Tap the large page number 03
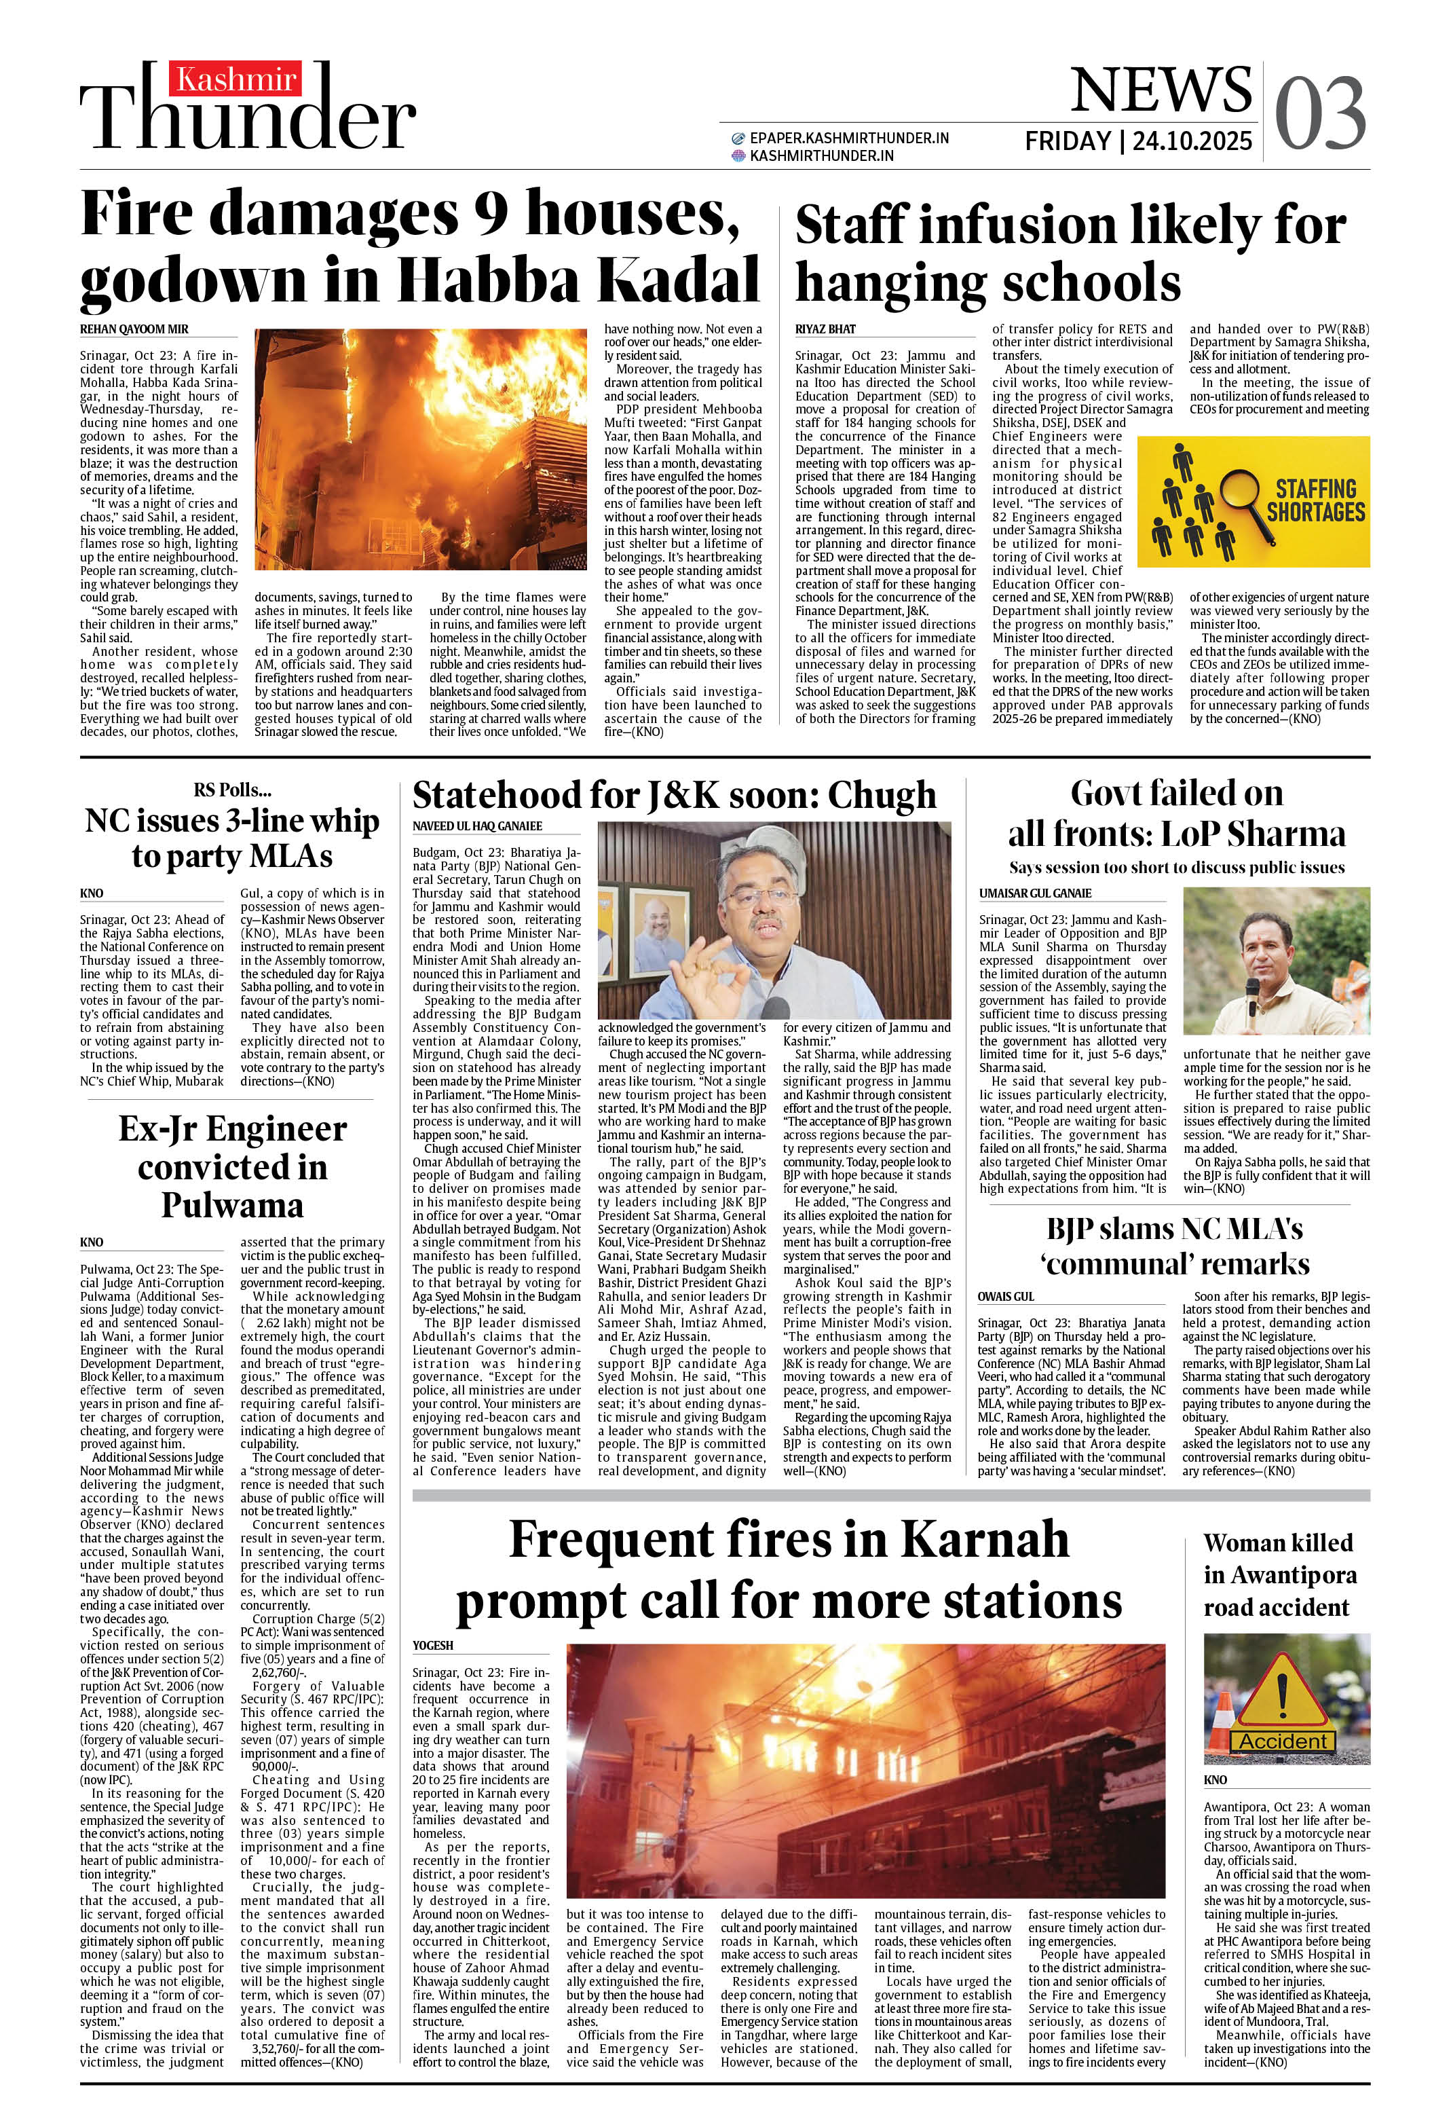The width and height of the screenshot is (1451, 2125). (1319, 114)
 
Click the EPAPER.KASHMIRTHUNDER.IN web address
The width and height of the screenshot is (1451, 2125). (848, 138)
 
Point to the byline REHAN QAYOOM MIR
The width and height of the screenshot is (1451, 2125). (134, 329)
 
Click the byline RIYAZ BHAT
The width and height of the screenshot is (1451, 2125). (825, 329)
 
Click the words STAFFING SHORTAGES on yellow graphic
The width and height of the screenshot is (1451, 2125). (1316, 500)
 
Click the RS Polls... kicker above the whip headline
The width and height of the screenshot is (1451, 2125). (232, 790)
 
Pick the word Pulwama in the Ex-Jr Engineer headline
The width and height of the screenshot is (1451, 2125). (232, 1205)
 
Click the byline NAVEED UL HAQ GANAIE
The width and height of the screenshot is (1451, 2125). (477, 826)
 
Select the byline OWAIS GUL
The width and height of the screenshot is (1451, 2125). (1006, 1297)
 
